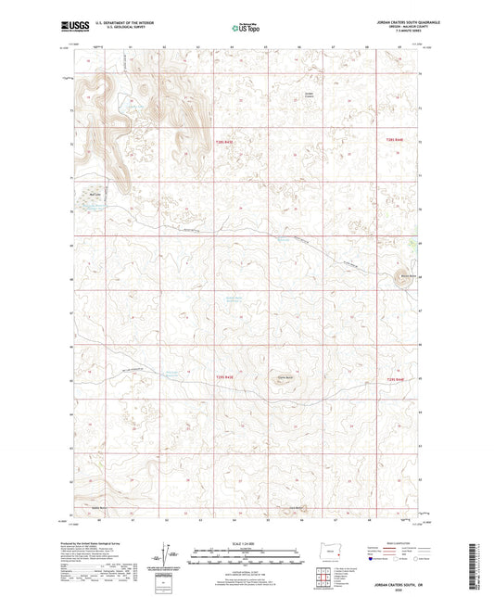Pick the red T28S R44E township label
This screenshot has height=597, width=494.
pos(394,140)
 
